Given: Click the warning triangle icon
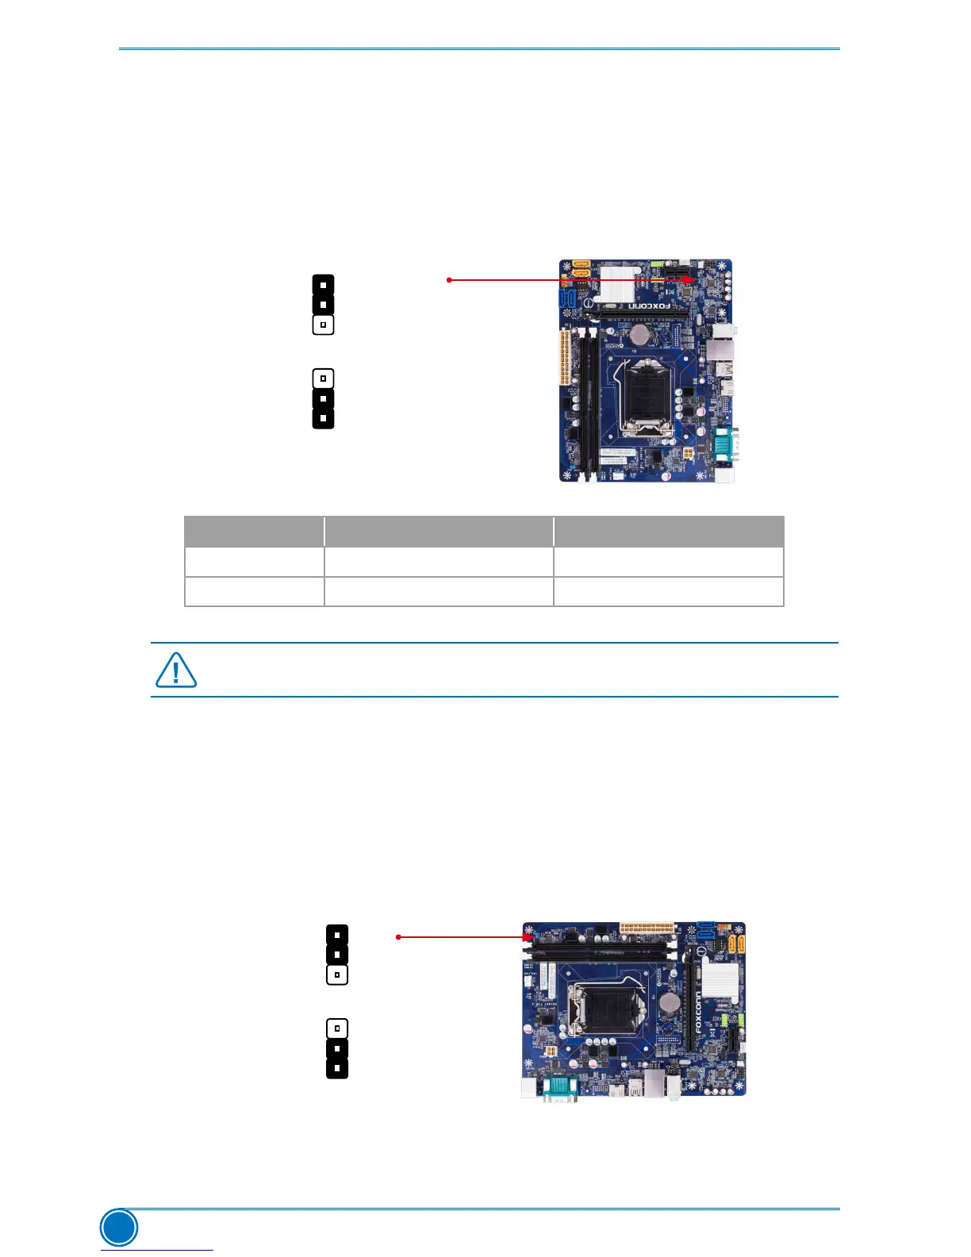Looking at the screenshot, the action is (x=175, y=671).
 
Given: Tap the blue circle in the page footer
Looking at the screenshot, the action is (x=119, y=1228).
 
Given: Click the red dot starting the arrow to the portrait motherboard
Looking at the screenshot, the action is (x=449, y=280).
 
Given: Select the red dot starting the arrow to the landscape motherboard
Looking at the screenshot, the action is (x=398, y=937).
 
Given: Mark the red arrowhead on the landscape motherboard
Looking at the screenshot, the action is (x=528, y=937).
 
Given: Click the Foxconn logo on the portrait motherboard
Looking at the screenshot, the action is (x=650, y=306).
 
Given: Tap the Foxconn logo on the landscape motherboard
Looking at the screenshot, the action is (x=698, y=1012).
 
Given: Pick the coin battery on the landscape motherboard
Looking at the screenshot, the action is (x=672, y=1002).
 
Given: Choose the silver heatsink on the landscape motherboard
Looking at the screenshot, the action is (x=720, y=982).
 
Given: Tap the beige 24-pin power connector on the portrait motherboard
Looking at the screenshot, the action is (x=565, y=358).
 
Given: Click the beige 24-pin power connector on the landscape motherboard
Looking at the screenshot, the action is (x=646, y=928).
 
